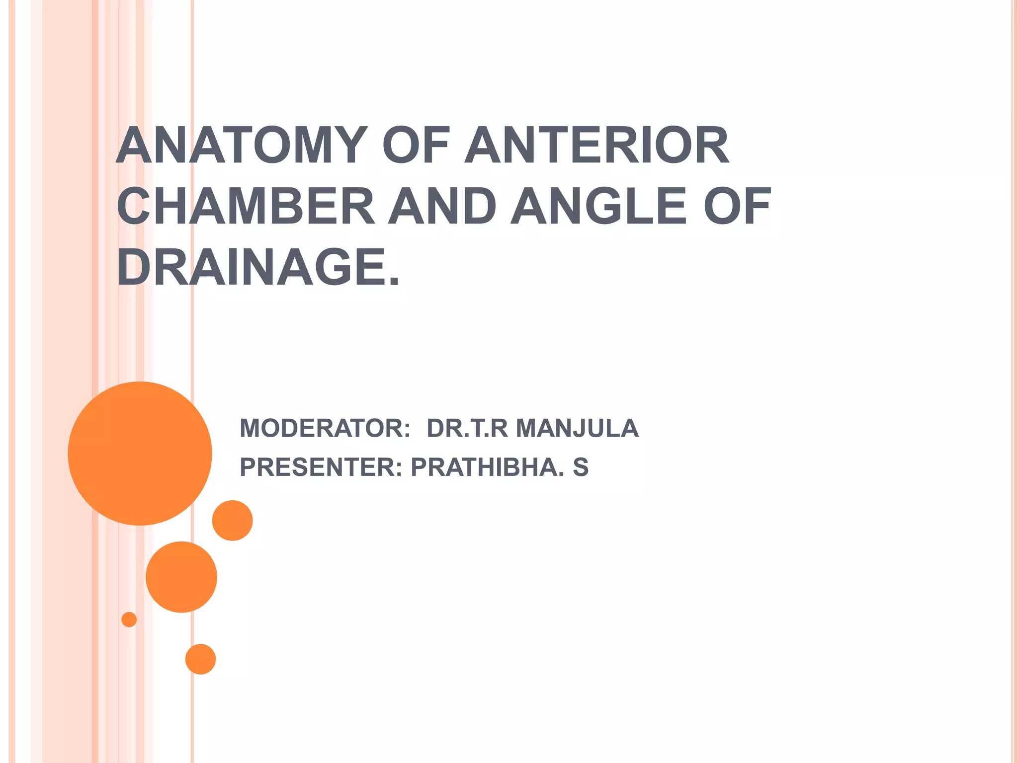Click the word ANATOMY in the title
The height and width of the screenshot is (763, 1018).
tap(242, 145)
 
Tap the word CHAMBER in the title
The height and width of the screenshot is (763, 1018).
tap(246, 206)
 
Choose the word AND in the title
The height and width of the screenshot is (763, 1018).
tap(442, 206)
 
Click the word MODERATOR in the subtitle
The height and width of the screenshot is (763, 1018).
tap(325, 428)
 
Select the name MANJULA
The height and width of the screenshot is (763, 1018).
tap(577, 428)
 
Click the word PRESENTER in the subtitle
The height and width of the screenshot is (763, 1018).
tap(321, 467)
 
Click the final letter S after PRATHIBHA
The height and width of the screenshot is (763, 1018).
tap(581, 467)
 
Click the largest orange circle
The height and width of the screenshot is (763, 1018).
tap(140, 453)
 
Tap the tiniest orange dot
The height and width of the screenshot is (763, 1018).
tap(129, 619)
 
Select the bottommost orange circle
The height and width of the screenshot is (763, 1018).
tap(200, 659)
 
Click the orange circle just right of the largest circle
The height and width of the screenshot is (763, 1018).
tap(232, 520)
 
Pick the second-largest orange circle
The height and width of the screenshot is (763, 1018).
tap(181, 577)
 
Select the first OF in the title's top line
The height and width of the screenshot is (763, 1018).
tap(416, 145)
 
